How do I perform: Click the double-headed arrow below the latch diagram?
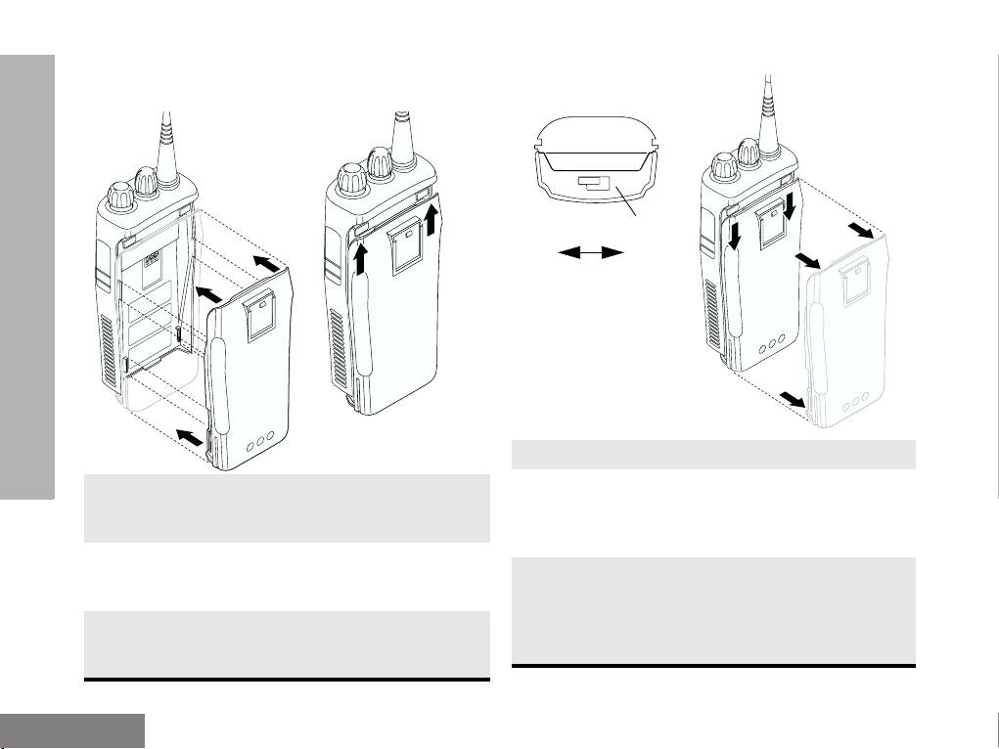591,252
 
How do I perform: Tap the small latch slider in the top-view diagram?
594,183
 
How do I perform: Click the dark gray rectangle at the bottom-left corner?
72,730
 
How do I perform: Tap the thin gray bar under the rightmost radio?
713,455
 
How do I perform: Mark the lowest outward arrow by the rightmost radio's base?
792,398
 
